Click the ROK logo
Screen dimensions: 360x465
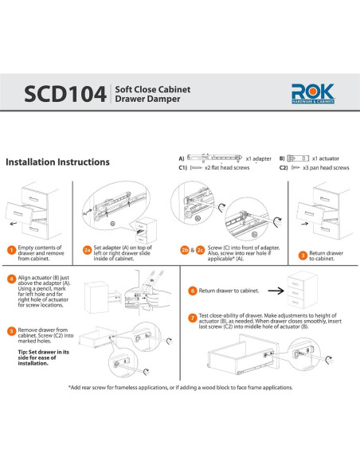[313, 93]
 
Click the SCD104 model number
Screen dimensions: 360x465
[65, 94]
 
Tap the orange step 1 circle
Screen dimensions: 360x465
[12, 250]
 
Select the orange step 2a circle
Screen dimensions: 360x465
[87, 250]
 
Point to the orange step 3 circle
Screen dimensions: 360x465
[303, 256]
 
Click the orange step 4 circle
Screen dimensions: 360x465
[12, 279]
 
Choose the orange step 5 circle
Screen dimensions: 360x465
[12, 331]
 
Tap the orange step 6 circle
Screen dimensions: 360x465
[193, 291]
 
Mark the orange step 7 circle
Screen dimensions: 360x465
[193, 318]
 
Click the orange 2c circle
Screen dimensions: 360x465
[201, 250]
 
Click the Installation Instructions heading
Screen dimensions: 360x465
[57, 162]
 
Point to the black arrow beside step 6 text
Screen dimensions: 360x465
[276, 291]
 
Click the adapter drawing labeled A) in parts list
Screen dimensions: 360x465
[215, 158]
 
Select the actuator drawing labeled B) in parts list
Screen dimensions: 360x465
[298, 158]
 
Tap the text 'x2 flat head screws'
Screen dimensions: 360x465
[227, 167]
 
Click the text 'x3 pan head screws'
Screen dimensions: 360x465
[326, 167]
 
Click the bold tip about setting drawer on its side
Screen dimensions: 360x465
[43, 358]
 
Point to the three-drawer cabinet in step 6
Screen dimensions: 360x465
[303, 290]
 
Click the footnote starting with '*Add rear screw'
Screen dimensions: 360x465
[181, 388]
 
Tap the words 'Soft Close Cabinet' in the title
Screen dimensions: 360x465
[153, 89]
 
